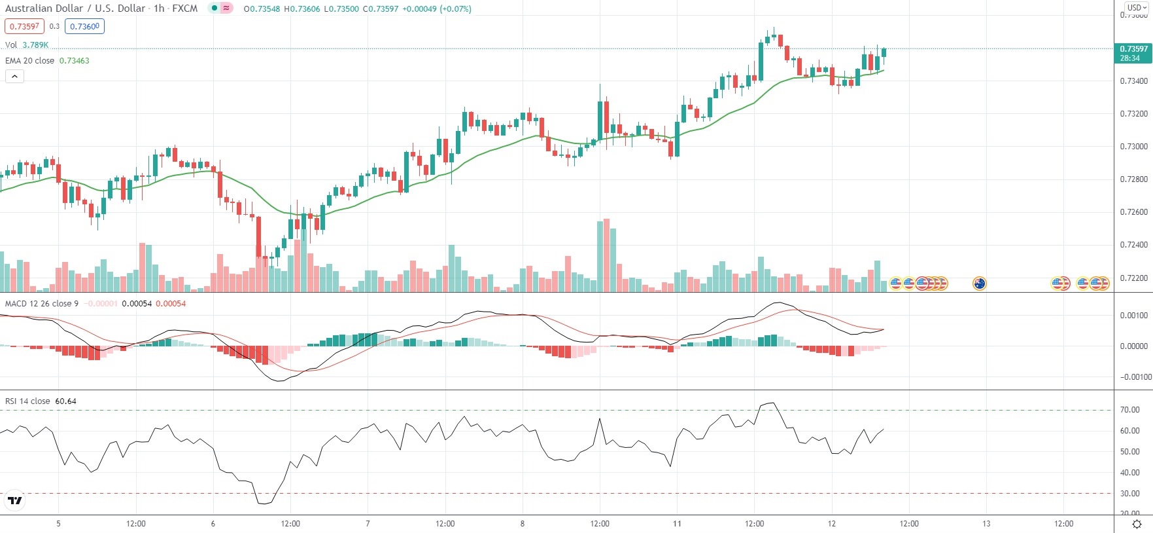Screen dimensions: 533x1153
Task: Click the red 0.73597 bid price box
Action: [x=24, y=26]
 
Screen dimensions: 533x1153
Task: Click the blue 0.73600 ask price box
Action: [x=84, y=26]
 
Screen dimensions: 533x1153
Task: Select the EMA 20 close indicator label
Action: [x=30, y=60]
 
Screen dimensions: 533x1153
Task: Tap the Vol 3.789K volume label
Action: [x=26, y=45]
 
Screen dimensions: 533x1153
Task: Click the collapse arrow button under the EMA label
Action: [x=14, y=77]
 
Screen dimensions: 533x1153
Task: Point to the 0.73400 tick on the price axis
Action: [x=1133, y=81]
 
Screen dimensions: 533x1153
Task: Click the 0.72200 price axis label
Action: [x=1133, y=278]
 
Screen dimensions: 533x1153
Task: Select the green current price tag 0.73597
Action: [x=1133, y=53]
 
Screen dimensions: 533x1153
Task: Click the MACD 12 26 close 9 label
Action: [x=42, y=303]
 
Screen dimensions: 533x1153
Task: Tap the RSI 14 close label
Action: [x=27, y=401]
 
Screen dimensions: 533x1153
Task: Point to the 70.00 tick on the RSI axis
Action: [x=1129, y=410]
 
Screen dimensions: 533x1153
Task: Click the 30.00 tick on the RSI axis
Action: [x=1129, y=494]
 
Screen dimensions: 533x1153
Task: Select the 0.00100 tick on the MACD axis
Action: [x=1133, y=316]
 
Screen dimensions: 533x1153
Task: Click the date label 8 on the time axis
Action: [x=522, y=524]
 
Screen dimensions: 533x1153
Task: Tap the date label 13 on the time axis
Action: [x=986, y=524]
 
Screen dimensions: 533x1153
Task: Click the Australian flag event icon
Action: [x=979, y=284]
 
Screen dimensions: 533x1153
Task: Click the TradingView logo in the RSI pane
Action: [x=14, y=501]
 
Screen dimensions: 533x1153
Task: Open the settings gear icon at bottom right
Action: [x=1137, y=524]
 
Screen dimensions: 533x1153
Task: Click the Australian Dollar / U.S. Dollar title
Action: [x=75, y=9]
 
